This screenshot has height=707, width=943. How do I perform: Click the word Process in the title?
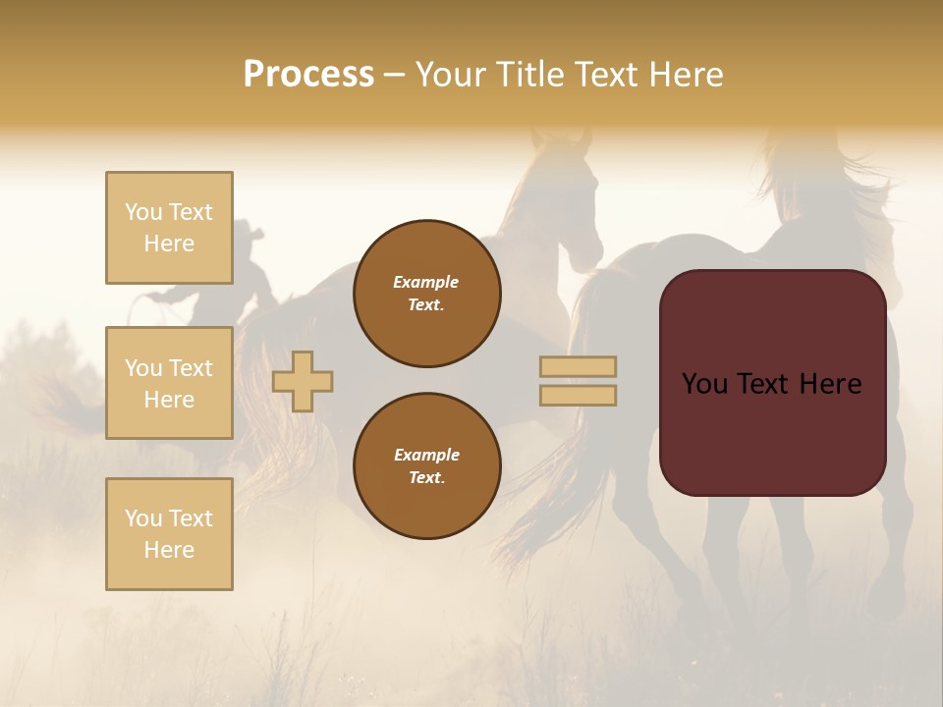[x=308, y=75]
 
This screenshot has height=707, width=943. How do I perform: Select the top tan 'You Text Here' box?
[x=169, y=228]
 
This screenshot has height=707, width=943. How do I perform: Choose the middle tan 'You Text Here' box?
[x=169, y=383]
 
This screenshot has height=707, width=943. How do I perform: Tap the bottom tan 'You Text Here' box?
[x=169, y=534]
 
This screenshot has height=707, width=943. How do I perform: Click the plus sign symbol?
[x=303, y=381]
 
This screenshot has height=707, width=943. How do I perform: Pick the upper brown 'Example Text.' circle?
[x=426, y=294]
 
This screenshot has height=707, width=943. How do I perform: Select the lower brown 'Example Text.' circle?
[x=426, y=466]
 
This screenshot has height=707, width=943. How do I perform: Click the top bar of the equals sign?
[x=578, y=367]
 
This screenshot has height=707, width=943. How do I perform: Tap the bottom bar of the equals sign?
[x=578, y=396]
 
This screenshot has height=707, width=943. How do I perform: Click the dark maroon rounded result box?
[x=772, y=383]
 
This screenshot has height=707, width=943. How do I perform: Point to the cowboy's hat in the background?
[x=249, y=234]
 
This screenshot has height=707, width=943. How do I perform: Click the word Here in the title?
[x=686, y=75]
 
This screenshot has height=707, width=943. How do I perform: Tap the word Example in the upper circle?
[x=426, y=282]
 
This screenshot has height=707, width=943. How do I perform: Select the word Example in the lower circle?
[x=426, y=455]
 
